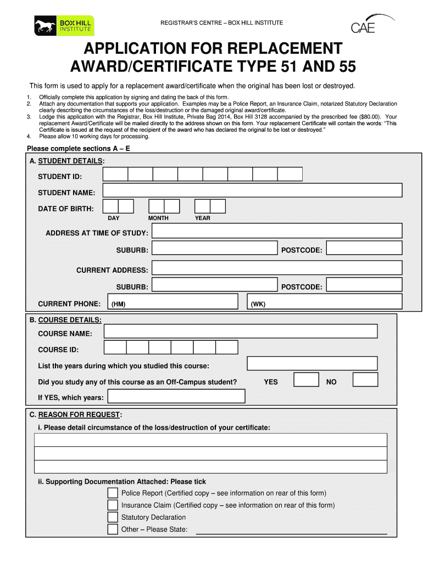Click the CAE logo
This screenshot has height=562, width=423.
[369, 25]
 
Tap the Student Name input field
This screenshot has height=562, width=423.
[252, 190]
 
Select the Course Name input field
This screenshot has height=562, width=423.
[241, 331]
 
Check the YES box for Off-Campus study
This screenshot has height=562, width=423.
[306, 380]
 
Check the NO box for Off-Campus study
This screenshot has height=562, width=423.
[365, 380]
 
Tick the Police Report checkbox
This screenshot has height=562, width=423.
[113, 493]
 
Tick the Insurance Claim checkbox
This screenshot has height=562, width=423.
[113, 505]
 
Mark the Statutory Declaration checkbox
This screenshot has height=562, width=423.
[113, 517]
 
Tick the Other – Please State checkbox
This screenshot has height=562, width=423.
[113, 529]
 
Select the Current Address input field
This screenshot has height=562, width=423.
[277, 268]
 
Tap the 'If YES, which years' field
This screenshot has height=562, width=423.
[176, 396]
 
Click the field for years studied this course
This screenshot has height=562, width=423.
[312, 363]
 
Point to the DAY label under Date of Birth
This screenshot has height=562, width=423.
[113, 218]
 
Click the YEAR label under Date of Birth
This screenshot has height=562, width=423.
[202, 218]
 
